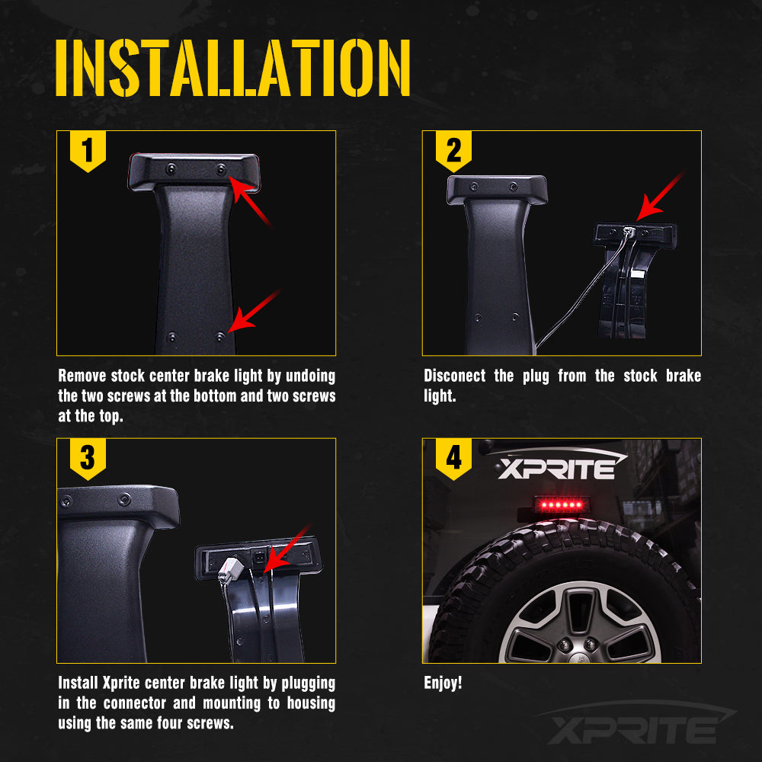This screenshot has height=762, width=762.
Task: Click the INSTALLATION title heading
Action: coord(233,68)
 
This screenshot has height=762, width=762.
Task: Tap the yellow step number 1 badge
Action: coord(88,150)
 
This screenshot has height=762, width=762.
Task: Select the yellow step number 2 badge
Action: coord(453,150)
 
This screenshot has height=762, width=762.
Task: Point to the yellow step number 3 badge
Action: coord(88,458)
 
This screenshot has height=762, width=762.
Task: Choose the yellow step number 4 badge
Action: coord(453,458)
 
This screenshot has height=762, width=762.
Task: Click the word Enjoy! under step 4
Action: coord(443,683)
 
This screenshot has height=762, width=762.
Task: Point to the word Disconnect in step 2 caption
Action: coord(454,376)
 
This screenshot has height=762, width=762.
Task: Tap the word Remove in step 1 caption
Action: coord(82,376)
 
